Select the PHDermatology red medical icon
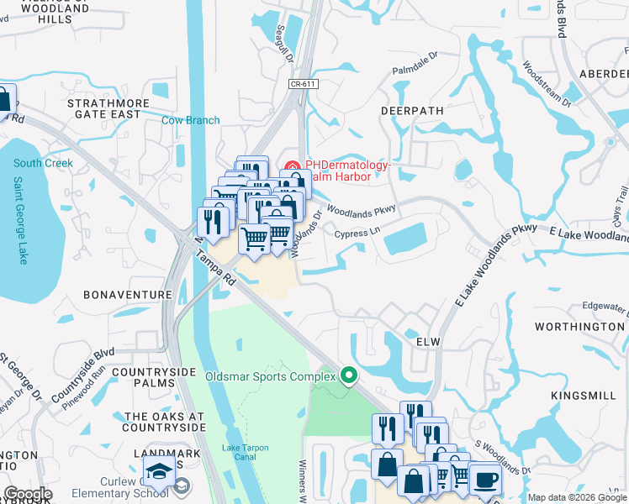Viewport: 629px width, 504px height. coord(293,165)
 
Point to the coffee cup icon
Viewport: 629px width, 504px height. coord(486,480)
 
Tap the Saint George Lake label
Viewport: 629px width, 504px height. coord(18,220)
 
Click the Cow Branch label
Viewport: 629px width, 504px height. coord(190,120)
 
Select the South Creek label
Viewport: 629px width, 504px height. coord(43,163)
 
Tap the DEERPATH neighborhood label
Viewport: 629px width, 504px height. coord(411,110)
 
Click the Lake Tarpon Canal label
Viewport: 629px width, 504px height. coord(246,452)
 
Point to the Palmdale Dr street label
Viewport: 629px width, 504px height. coord(415,66)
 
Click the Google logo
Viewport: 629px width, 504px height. coord(28,494)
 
